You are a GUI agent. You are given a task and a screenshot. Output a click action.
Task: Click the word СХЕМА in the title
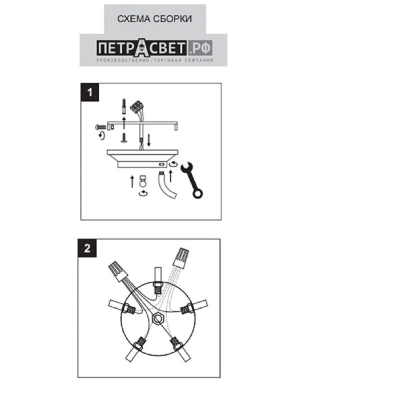pos(134,19)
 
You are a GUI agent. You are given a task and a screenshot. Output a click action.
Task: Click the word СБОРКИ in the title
pos(173,19)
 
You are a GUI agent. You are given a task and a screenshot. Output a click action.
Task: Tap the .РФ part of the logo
pos(200,48)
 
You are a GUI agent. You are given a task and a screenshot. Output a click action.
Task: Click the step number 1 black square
pos(90,92)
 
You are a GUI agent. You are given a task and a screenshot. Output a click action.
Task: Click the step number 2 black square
pos(87,248)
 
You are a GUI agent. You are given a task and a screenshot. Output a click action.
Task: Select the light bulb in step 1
pos(143,181)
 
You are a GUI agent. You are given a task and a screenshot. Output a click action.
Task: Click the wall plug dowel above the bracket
pos(124,106)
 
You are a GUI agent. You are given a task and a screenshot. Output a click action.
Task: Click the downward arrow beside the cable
pos(149,140)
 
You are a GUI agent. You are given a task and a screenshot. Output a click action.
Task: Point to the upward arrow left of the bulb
pos(132,182)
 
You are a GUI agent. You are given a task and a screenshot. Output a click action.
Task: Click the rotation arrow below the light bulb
pos(143,193)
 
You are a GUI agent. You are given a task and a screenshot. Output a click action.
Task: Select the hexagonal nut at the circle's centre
pos(158,319)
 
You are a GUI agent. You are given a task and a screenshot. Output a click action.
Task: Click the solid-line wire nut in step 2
pos(118,271)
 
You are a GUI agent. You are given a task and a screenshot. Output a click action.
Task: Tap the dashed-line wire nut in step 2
pos(181,258)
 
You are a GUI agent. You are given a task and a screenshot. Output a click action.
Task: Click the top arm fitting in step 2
pos(158,281)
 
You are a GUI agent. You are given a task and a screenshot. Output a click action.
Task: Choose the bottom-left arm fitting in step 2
pos(135,350)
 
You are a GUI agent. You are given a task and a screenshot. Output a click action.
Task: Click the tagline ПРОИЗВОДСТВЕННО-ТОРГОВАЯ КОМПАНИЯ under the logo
pos(155,60)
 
